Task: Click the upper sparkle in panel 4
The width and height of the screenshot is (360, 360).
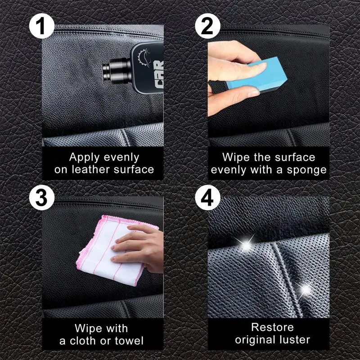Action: pyautogui.click(x=246, y=245)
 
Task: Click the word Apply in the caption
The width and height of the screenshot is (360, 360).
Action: pyautogui.click(x=86, y=157)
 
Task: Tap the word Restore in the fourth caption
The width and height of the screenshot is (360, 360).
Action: pyautogui.click(x=272, y=327)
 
